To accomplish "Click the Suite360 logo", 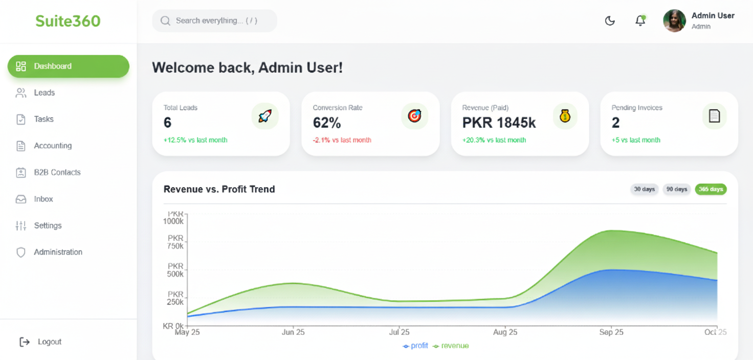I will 68,21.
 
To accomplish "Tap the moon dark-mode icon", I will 610,21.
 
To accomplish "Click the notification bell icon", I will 640,21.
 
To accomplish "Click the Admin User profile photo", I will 674,21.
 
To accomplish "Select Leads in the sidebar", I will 44,93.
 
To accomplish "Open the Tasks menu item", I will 43,119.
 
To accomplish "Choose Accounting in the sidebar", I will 52,146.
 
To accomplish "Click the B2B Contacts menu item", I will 57,172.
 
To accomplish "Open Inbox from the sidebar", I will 43,199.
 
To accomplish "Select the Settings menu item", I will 48,226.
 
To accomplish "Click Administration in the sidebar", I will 58,252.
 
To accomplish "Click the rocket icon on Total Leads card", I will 265,116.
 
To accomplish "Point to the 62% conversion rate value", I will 327,123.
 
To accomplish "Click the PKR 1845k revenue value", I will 499,123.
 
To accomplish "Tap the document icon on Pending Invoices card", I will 714,116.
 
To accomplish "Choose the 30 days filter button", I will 644,189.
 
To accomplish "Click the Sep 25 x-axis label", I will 611,332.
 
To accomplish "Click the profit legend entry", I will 415,346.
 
